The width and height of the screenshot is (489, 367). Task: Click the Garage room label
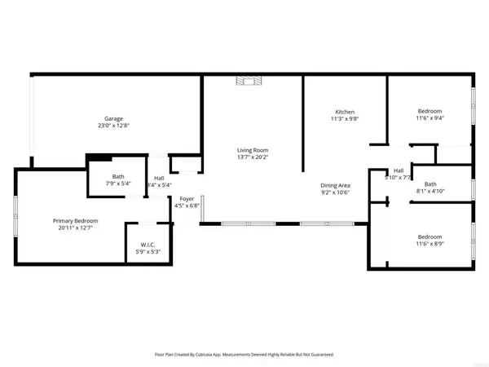pyautogui.click(x=112, y=119)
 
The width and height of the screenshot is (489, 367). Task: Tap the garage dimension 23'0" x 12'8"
pyautogui.click(x=112, y=127)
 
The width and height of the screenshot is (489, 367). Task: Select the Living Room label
pyautogui.click(x=253, y=150)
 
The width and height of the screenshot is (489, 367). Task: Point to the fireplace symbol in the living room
pyautogui.click(x=246, y=80)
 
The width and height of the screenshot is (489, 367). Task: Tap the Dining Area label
pyautogui.click(x=334, y=185)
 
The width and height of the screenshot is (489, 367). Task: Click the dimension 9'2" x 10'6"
pyautogui.click(x=334, y=193)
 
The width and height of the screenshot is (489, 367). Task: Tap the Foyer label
pyautogui.click(x=187, y=198)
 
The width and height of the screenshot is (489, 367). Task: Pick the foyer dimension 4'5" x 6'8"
pyautogui.click(x=187, y=206)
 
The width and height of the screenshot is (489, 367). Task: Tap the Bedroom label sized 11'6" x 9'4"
pyautogui.click(x=430, y=111)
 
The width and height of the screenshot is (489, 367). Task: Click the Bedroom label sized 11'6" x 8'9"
pyautogui.click(x=430, y=237)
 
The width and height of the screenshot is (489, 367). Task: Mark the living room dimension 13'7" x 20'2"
pyautogui.click(x=253, y=158)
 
